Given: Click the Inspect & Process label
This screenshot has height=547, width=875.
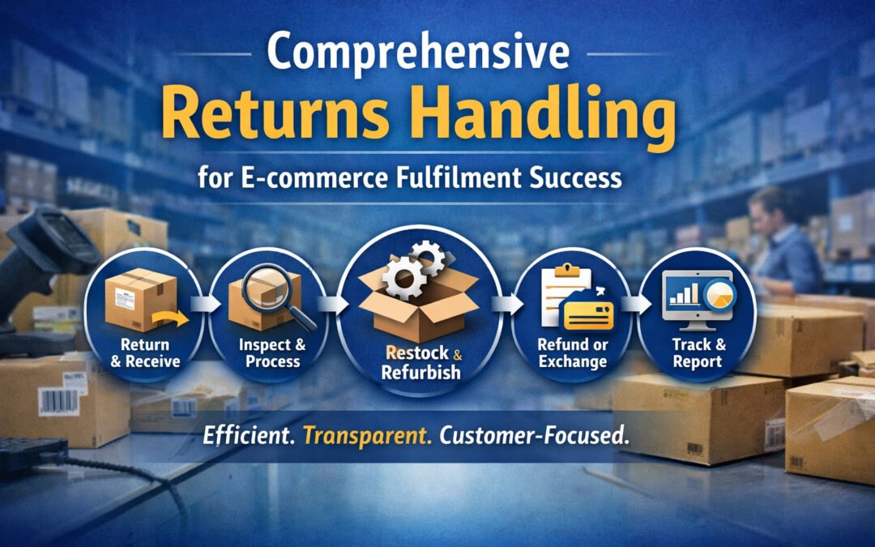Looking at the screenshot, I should point(273,353).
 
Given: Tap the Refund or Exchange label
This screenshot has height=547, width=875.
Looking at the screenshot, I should point(572,353).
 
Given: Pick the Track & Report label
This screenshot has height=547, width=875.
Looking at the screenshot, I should point(698,353).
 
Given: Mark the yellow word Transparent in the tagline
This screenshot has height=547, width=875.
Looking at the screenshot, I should point(366,434).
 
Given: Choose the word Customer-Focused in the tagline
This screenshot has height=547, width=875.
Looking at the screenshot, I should point(534,434).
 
